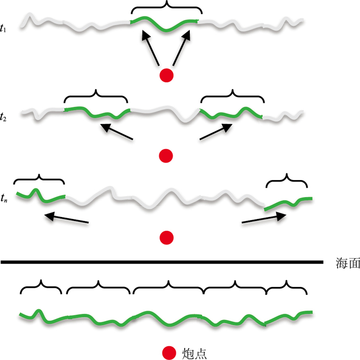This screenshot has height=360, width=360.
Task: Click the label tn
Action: [5, 197]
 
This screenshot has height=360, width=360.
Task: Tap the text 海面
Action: [346, 263]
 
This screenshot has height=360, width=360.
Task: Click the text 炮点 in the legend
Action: [194, 352]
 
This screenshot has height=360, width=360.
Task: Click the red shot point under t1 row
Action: [167, 76]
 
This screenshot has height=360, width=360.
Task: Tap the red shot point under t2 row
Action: [166, 155]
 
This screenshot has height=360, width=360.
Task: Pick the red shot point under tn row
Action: [167, 237]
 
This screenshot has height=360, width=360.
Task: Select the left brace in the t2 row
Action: [96, 95]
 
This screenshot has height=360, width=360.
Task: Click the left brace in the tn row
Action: [39, 177]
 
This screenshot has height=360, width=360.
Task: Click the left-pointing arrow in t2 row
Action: [117, 131]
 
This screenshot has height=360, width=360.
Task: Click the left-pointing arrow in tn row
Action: [66, 220]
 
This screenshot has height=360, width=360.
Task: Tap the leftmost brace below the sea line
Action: [41, 286]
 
